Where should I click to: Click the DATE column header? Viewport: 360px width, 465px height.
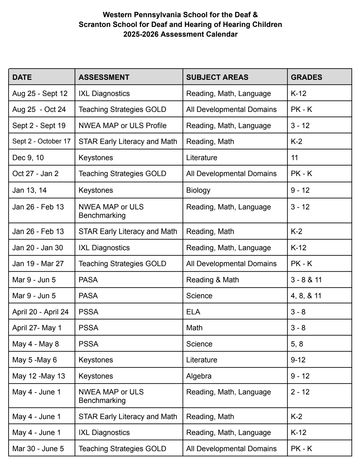pyautogui.click(x=22, y=77)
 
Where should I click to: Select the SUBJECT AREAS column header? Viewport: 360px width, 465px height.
pyautogui.click(x=217, y=77)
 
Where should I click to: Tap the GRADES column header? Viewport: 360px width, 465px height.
pyautogui.click(x=306, y=77)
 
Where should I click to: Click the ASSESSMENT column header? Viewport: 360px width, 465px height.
pyautogui.click(x=104, y=77)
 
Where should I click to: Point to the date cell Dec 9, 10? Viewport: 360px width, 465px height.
pyautogui.click(x=28, y=158)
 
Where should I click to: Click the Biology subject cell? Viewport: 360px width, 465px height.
pyautogui.click(x=198, y=190)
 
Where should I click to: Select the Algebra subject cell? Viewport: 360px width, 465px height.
pyautogui.click(x=199, y=376)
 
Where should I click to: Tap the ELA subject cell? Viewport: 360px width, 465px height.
pyautogui.click(x=193, y=312)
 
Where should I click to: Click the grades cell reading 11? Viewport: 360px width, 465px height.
pyautogui.click(x=294, y=158)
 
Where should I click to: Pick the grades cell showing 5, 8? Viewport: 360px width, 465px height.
pyautogui.click(x=297, y=344)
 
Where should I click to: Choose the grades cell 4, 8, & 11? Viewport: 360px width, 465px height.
pyautogui.click(x=306, y=296)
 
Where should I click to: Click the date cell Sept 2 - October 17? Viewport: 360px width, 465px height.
pyautogui.click(x=41, y=141)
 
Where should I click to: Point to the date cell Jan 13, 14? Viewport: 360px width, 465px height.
pyautogui.click(x=29, y=190)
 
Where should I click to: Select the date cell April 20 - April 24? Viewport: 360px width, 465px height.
pyautogui.click(x=41, y=312)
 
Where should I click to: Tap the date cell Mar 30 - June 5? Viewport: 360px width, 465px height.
pyautogui.click(x=38, y=449)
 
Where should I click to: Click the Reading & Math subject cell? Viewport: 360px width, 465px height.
pyautogui.click(x=212, y=280)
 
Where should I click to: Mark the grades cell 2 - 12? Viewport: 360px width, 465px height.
pyautogui.click(x=300, y=392)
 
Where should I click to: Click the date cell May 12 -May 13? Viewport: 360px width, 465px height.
pyautogui.click(x=39, y=376)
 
